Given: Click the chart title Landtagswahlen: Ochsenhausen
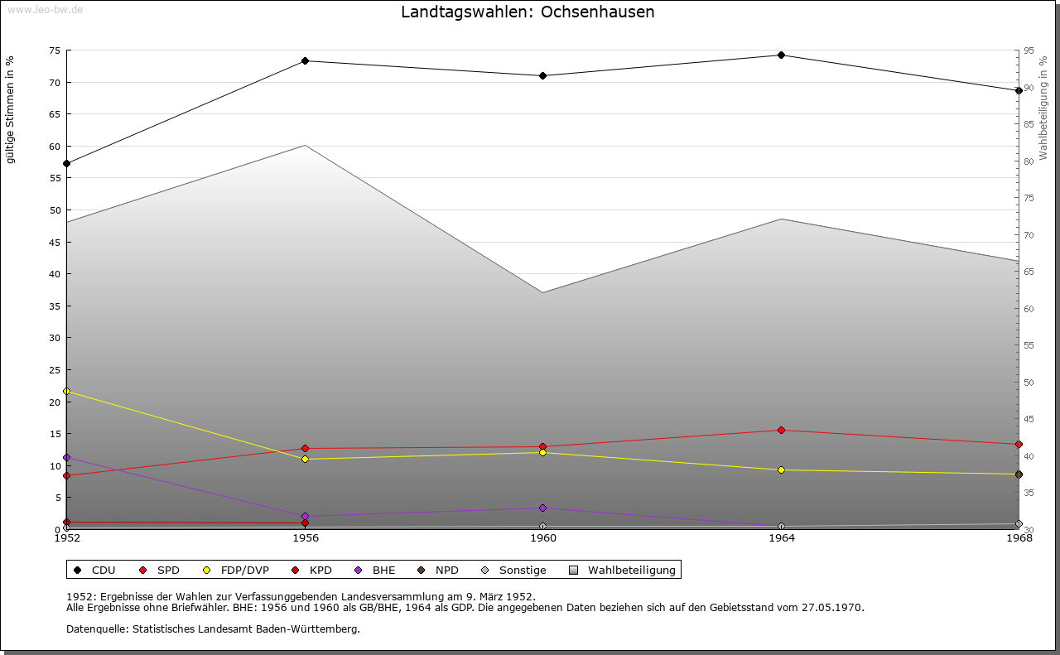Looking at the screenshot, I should click(x=528, y=12).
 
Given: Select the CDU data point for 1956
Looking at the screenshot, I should click(x=306, y=60).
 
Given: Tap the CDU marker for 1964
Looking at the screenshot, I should click(x=781, y=55).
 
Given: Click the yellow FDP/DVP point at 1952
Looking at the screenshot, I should click(x=67, y=391).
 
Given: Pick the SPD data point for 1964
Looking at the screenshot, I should click(x=781, y=431).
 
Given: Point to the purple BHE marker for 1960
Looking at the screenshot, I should click(x=543, y=508).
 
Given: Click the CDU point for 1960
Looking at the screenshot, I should click(x=543, y=75).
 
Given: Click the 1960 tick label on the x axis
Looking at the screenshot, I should click(x=543, y=538).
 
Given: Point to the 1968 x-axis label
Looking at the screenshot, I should click(x=1019, y=538).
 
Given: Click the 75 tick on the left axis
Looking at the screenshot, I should click(x=55, y=51).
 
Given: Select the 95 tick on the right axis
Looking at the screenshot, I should click(x=1029, y=51).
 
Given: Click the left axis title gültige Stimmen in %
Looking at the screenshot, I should click(x=11, y=109).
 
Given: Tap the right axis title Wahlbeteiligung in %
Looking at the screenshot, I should click(x=1043, y=108).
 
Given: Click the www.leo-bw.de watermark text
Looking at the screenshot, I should click(x=44, y=9).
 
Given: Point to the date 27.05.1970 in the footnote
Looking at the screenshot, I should click(x=832, y=607).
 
